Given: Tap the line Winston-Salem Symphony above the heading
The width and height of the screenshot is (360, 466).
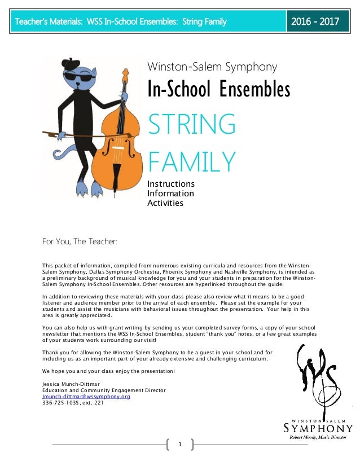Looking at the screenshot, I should tap(212, 67).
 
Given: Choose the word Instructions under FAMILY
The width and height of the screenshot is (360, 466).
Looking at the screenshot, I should tap(170, 184).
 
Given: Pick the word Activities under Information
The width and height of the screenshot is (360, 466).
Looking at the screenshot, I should tap(165, 203).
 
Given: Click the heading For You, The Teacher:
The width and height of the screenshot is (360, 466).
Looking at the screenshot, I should tap(80, 242).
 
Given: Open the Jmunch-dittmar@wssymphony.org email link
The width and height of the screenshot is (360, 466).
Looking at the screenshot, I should tap(86, 396).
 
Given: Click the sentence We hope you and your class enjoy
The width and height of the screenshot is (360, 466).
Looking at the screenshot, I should tap(108, 371).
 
